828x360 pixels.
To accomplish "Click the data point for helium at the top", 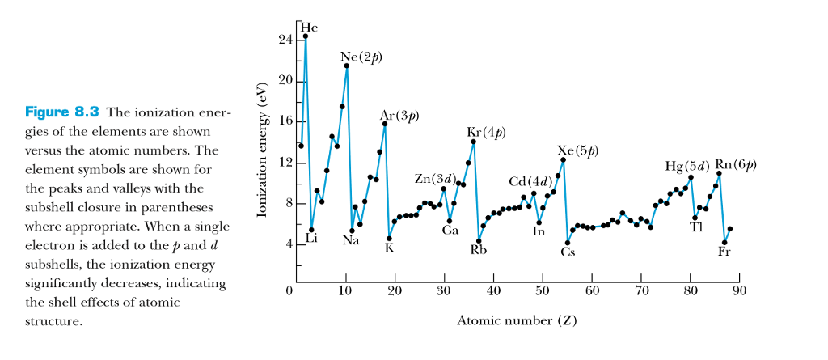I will [x=306, y=36].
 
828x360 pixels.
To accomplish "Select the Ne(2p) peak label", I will [x=361, y=57].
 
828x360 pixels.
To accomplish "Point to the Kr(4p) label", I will [x=486, y=132].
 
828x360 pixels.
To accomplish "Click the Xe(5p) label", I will [x=577, y=151].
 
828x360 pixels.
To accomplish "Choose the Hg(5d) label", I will [x=686, y=166].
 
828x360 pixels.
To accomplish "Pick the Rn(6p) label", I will [x=736, y=165].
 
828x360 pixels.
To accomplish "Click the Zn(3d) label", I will [x=435, y=178].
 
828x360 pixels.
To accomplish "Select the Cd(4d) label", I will [x=530, y=180].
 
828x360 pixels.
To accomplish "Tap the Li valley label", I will [x=311, y=238].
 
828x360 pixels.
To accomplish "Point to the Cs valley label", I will [x=568, y=252].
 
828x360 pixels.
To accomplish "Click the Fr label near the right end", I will [x=725, y=251].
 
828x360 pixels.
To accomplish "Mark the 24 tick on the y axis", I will [x=285, y=40].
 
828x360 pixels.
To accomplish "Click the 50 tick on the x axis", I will [x=543, y=290].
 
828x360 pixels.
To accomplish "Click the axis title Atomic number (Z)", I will [x=517, y=320].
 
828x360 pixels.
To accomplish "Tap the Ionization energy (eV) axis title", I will [x=261, y=150].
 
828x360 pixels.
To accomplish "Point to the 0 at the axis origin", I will [x=288, y=290].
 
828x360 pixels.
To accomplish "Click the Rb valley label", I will [x=479, y=249].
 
